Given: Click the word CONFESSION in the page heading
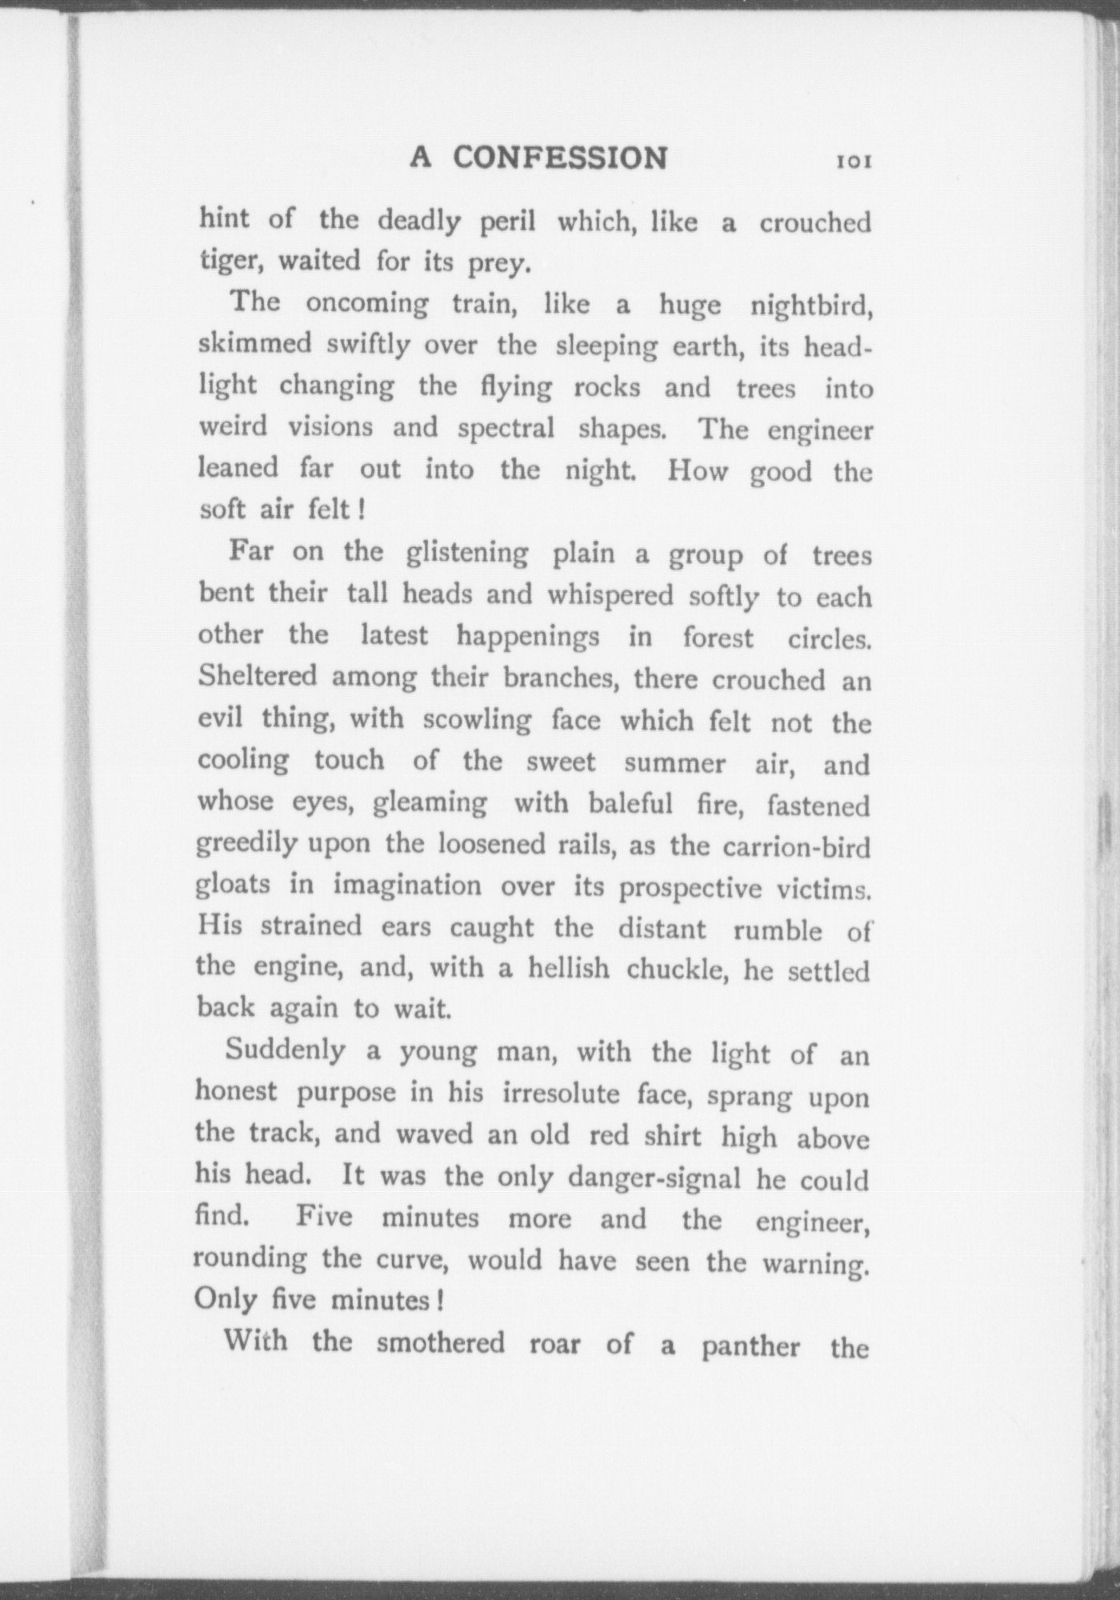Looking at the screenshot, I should point(560,158).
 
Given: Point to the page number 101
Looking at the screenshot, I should point(854,161).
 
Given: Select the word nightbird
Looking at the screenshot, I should point(810,306).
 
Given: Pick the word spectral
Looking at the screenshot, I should point(506,428).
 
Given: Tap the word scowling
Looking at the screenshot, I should point(477,720).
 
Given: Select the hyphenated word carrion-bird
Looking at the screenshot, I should point(796,846).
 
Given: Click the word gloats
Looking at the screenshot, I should point(233,885).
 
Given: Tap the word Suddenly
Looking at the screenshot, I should point(285,1050).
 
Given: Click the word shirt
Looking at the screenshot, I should point(677,1135).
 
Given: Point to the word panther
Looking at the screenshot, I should point(750,1346).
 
